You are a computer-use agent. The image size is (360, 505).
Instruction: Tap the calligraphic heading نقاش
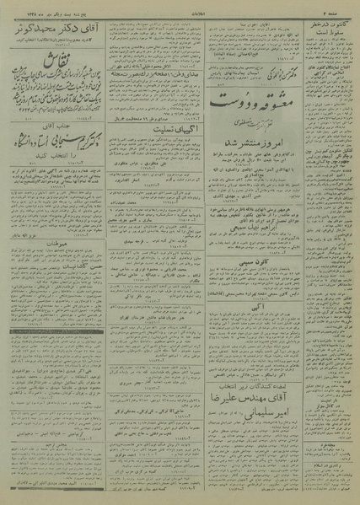tap(59, 62)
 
